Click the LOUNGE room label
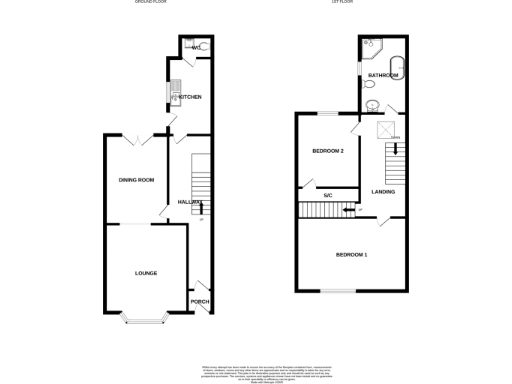tap(146, 272)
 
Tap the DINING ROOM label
tap(137, 179)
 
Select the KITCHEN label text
tap(190, 97)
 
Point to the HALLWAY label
tap(190, 202)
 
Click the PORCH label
tap(200, 301)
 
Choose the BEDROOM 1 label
tap(351, 255)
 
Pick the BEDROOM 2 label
tap(328, 151)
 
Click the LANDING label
tap(383, 191)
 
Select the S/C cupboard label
tap(328, 194)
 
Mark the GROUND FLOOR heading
tap(151, 3)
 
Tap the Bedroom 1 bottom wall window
tap(340, 290)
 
